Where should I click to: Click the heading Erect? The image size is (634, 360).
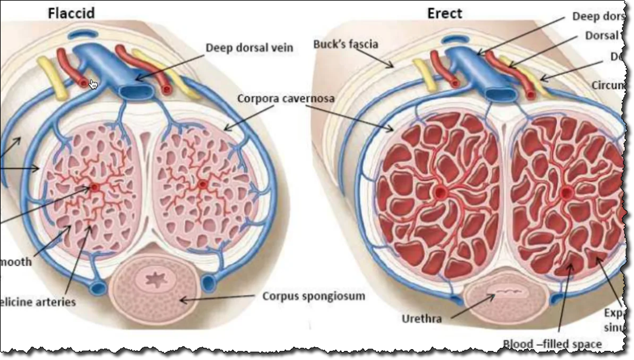click(x=445, y=13)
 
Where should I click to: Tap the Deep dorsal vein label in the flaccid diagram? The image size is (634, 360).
click(x=250, y=48)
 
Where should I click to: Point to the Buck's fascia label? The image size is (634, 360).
click(x=345, y=44)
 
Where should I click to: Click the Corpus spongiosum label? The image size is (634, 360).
click(x=313, y=296)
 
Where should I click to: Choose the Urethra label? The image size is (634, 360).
click(x=422, y=318)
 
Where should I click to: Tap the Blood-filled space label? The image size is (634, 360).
click(x=552, y=344)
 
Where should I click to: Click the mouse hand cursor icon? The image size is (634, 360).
click(x=93, y=84)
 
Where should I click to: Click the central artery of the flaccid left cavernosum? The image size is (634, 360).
click(x=95, y=187)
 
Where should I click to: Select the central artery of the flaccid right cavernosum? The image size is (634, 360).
click(x=203, y=184)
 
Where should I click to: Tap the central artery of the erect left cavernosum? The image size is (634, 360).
click(x=440, y=193)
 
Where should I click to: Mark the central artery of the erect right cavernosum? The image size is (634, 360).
click(x=567, y=193)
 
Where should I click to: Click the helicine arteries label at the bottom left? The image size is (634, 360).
click(x=38, y=302)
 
